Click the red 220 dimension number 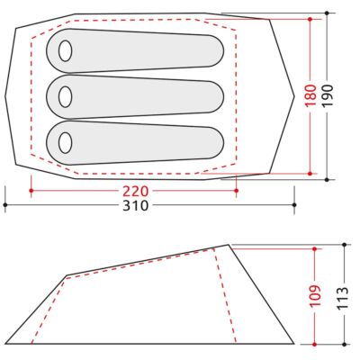[x=135, y=191]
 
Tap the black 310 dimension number [x=135, y=205]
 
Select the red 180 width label [x=310, y=95]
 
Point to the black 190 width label [x=327, y=95]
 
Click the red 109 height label [x=315, y=296]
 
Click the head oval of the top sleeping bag [x=65, y=51]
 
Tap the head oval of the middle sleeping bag [x=65, y=97]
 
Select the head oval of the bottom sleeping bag [x=65, y=143]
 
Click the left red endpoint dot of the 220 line [x=31, y=191]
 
